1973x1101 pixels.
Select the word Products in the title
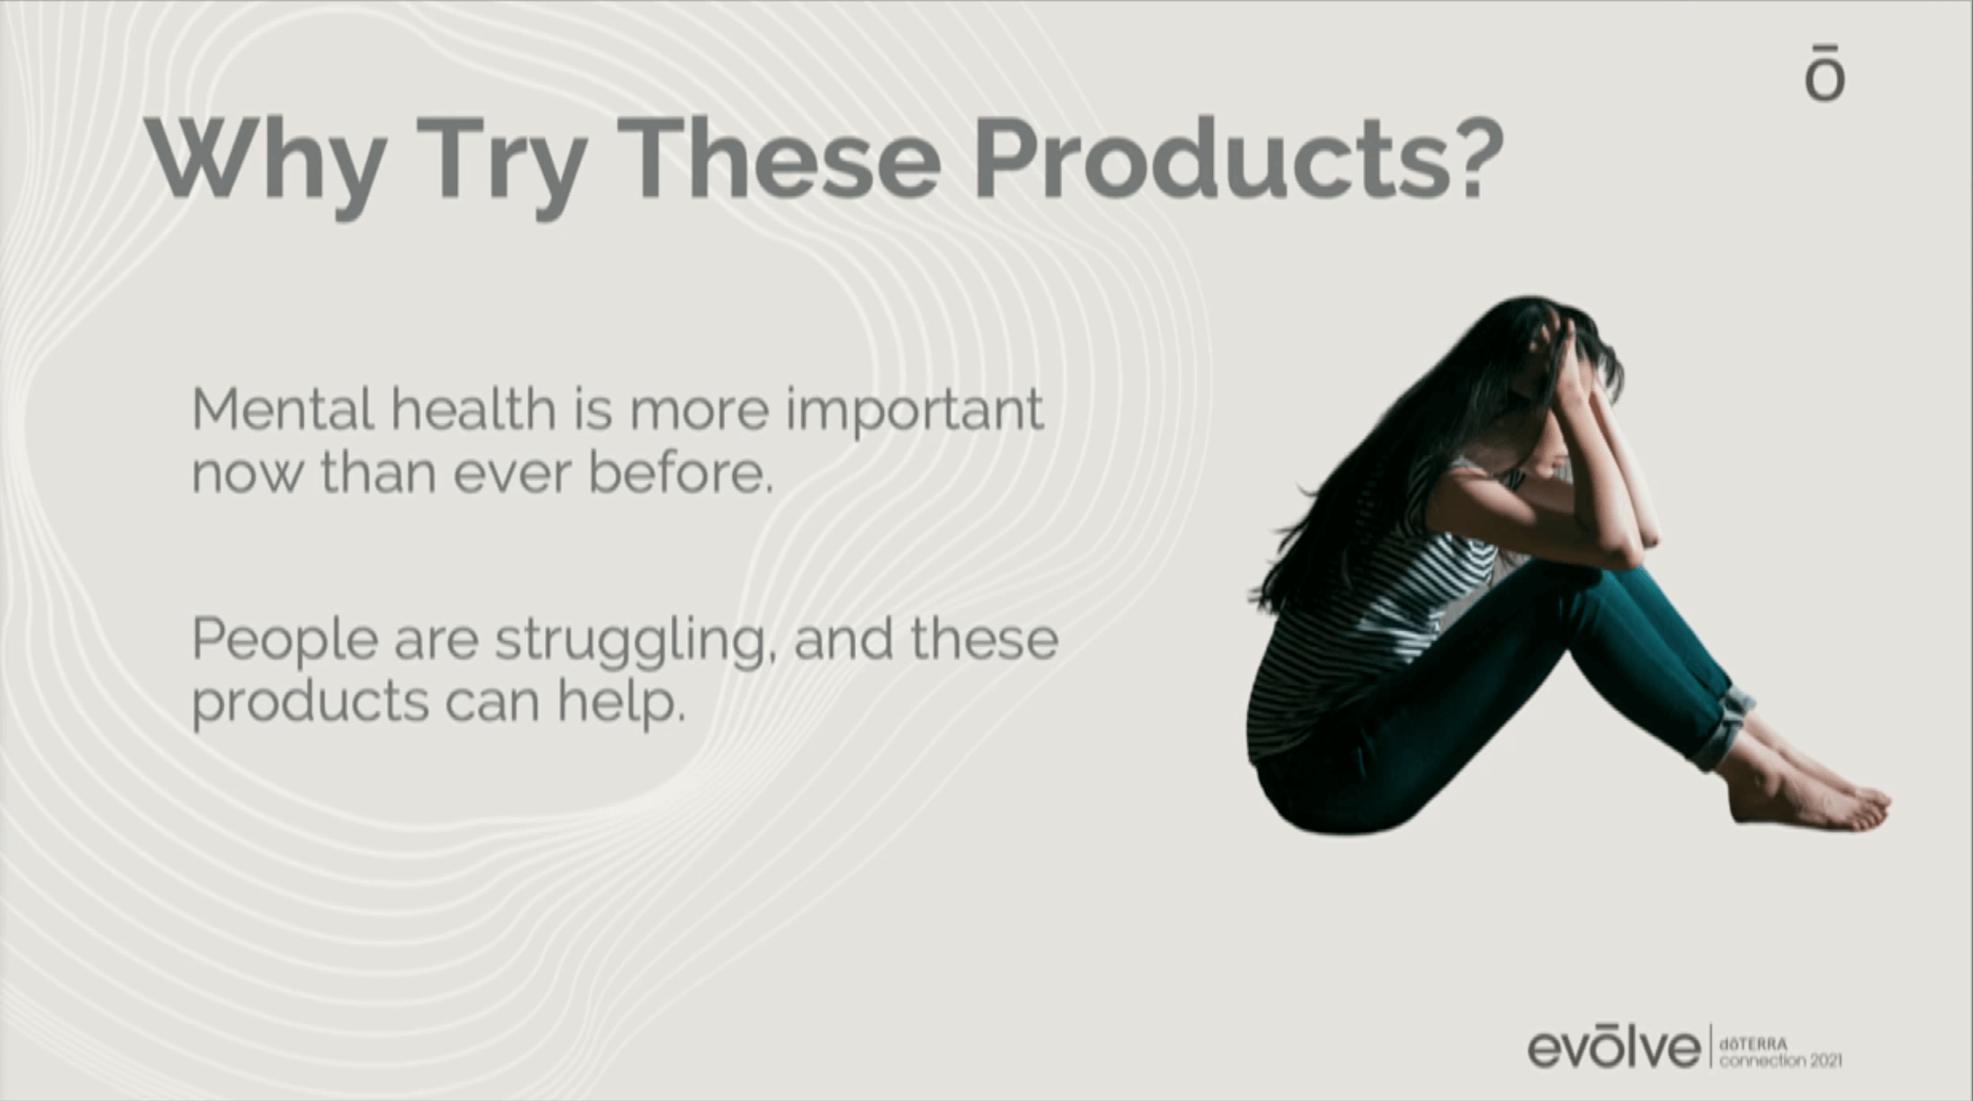[x=1208, y=158]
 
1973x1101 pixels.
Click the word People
[x=285, y=641]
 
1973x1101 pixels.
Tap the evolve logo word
[x=1614, y=1047]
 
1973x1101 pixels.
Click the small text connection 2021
[x=1781, y=1061]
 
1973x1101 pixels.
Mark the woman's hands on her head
[x=1571, y=351]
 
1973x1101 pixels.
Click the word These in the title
[x=785, y=158]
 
